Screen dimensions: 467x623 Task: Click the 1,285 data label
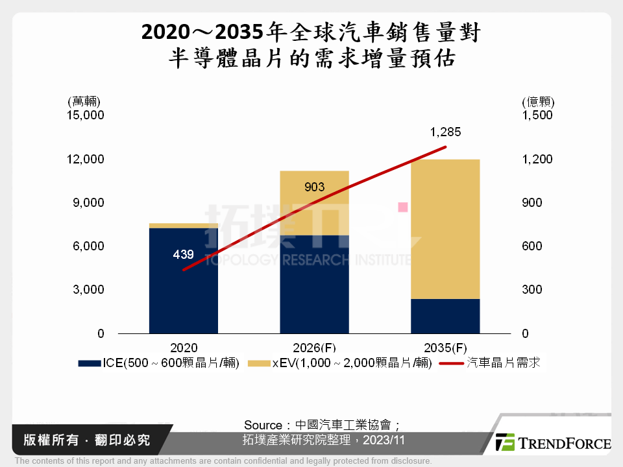(x=445, y=132)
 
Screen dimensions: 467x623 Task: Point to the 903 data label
(x=314, y=188)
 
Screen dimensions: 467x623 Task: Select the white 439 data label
(x=184, y=255)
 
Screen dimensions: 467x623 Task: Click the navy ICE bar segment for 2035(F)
(x=445, y=316)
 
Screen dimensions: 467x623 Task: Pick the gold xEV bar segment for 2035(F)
(x=445, y=229)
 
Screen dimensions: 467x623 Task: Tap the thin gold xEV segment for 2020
(x=184, y=226)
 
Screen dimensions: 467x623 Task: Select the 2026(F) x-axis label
(x=314, y=347)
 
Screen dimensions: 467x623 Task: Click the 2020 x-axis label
(x=184, y=347)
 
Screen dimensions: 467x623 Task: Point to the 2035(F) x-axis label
(x=445, y=347)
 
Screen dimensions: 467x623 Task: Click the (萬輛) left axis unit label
(x=83, y=102)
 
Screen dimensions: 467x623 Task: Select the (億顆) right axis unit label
(x=538, y=102)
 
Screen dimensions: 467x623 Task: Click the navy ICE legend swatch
(x=89, y=364)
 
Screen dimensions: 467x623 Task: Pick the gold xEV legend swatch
(x=260, y=364)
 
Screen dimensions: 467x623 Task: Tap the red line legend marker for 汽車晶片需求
(x=452, y=363)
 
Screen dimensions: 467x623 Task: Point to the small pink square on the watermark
(x=403, y=208)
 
